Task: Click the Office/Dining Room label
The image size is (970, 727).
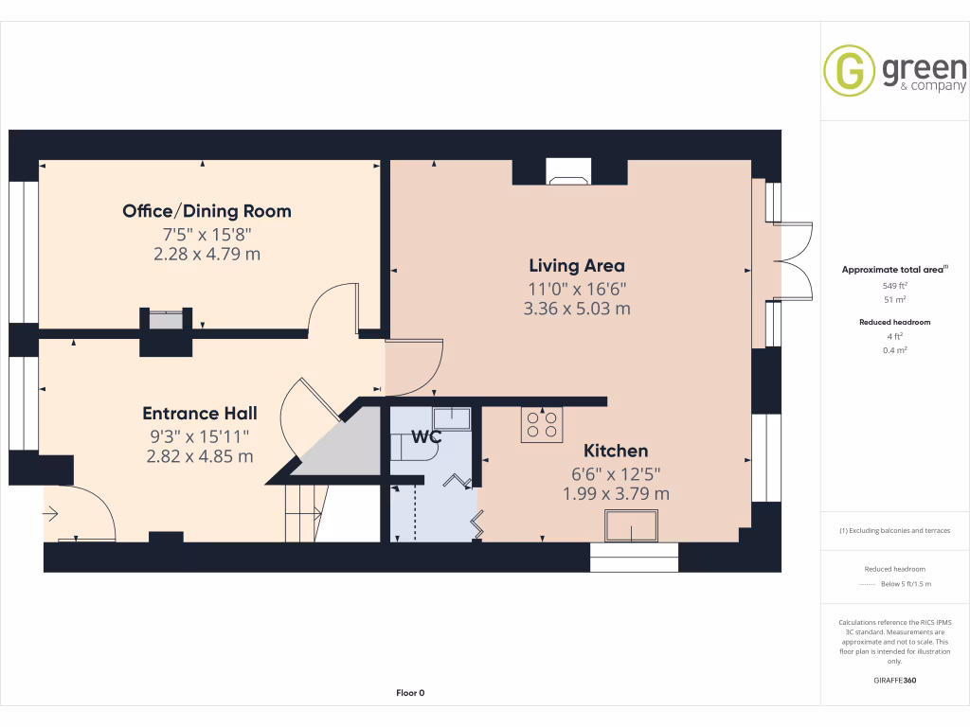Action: (207, 211)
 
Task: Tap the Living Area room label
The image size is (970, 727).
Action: (576, 266)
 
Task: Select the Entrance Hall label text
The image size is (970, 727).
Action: (199, 414)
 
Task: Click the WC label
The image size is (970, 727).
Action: (426, 437)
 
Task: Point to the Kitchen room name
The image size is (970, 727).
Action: (616, 452)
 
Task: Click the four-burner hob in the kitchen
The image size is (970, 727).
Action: (542, 424)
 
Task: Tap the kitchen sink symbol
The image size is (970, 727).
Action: (632, 525)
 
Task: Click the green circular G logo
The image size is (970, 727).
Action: (849, 71)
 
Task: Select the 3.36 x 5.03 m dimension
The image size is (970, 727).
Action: (576, 309)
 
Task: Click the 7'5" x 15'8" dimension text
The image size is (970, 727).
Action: (207, 234)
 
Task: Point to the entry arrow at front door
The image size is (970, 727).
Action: (50, 514)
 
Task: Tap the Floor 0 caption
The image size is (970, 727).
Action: (410, 693)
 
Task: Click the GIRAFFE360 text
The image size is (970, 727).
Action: (895, 680)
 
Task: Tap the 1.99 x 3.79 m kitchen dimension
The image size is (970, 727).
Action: (616, 494)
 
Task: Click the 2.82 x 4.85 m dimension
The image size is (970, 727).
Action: (199, 456)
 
